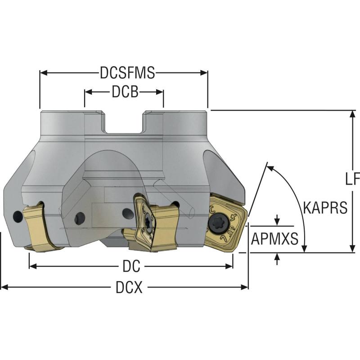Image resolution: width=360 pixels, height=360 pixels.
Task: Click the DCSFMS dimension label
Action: (127, 73)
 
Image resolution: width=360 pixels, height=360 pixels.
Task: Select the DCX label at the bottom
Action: (129, 288)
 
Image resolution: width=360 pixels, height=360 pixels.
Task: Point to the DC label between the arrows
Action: (131, 266)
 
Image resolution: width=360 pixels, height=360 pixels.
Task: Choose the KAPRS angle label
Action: (325, 207)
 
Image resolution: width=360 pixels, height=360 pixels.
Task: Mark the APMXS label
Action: (274, 239)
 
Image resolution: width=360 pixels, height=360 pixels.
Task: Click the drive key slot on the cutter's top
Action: (123, 122)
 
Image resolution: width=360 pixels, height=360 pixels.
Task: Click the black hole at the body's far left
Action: (17, 217)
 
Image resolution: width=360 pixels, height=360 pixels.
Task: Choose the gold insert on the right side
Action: (227, 221)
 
